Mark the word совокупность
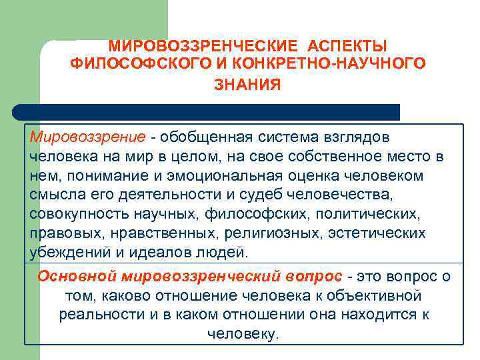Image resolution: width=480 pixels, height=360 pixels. [73, 215]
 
